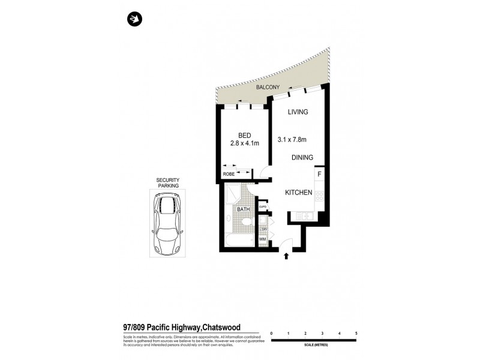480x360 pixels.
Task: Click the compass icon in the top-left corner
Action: [x=134, y=20]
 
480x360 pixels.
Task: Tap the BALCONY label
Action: [x=268, y=88]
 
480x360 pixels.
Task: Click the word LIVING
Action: [x=298, y=112]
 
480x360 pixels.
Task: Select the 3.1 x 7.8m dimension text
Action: [x=292, y=140]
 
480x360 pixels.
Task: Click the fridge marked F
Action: [x=319, y=175]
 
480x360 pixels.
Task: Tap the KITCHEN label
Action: [x=298, y=193]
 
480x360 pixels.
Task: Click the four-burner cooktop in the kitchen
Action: [x=320, y=196]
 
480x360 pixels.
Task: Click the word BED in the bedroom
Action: [x=244, y=135]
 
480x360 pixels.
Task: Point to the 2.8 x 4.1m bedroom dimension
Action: [x=244, y=143]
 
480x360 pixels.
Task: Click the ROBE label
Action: [x=229, y=174]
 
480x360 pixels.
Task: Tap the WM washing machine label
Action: [x=262, y=240]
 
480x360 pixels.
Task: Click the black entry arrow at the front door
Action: [x=286, y=256]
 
